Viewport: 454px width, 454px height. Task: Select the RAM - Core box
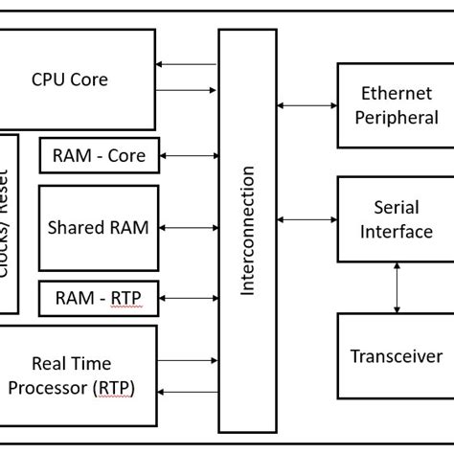pyautogui.click(x=99, y=155)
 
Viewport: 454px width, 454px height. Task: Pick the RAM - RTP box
pyautogui.click(x=99, y=299)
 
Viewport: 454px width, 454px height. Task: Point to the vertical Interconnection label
pyautogui.click(x=248, y=230)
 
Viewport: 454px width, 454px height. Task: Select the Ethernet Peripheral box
pyautogui.click(x=390, y=105)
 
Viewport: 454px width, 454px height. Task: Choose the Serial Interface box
pyautogui.click(x=390, y=219)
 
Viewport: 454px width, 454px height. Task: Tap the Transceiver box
pyautogui.click(x=390, y=355)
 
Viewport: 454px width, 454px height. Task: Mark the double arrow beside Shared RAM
pyautogui.click(x=189, y=228)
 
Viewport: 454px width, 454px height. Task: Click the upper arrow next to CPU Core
pyautogui.click(x=188, y=64)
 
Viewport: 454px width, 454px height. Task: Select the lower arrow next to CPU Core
pyautogui.click(x=188, y=91)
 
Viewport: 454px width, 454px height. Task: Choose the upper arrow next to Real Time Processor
pyautogui.click(x=188, y=362)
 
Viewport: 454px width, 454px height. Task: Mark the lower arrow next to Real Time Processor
pyautogui.click(x=188, y=391)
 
